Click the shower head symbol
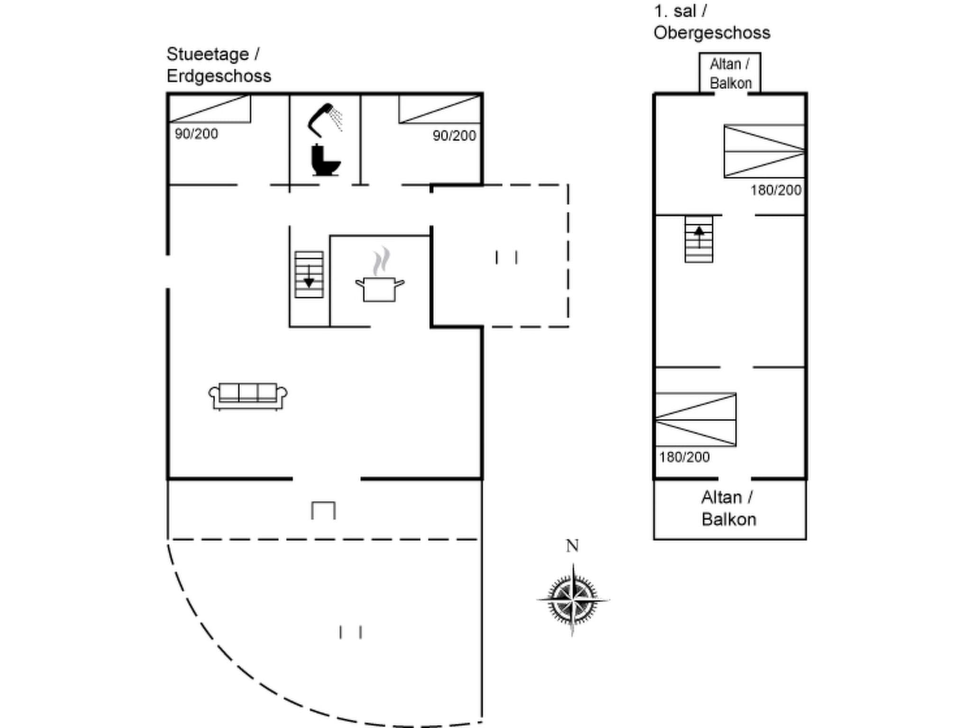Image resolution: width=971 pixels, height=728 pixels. (x=324, y=118)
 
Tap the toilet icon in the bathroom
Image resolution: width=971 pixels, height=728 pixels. (x=325, y=161)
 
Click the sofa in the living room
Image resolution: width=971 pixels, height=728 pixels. (x=248, y=396)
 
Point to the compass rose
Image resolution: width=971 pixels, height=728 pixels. (x=573, y=599)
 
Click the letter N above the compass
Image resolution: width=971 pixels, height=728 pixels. (x=572, y=546)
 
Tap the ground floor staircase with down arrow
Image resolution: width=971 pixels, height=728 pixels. (x=309, y=275)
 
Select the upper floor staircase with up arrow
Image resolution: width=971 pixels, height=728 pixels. (x=698, y=239)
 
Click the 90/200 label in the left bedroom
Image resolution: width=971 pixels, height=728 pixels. (x=196, y=134)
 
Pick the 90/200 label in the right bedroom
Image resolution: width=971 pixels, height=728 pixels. (x=454, y=136)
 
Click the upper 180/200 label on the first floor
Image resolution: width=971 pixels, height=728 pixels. (x=776, y=191)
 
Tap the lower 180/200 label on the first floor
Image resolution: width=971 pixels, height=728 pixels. (x=684, y=457)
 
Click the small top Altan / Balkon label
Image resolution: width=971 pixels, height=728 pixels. (x=730, y=73)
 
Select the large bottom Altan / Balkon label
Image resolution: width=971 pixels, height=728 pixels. (x=729, y=509)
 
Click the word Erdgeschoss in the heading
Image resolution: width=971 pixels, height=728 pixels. (x=219, y=76)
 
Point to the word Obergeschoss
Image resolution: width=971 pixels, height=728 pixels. (x=712, y=33)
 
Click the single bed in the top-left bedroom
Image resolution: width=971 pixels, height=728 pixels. (x=210, y=109)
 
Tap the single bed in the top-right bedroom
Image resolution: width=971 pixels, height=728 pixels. (x=440, y=109)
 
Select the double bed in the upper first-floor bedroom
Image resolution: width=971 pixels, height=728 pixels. (x=764, y=151)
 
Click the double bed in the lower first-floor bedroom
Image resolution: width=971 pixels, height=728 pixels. (x=696, y=419)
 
